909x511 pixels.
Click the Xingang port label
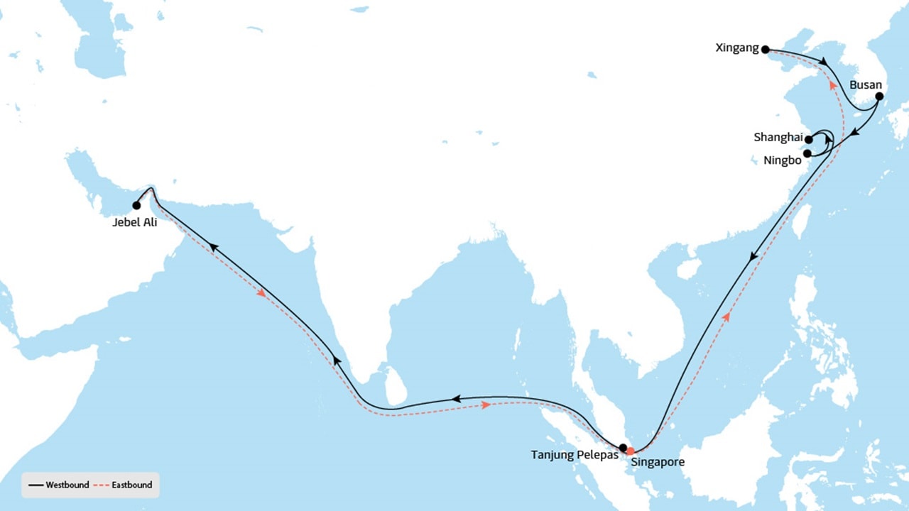tap(738, 49)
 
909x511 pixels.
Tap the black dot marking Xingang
tap(765, 50)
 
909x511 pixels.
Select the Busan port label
tap(866, 85)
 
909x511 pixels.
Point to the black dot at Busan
tap(879, 97)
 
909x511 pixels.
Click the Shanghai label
tap(778, 138)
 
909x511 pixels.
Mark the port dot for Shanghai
tap(809, 140)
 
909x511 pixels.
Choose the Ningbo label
tap(783, 160)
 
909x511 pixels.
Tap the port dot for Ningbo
tap(807, 153)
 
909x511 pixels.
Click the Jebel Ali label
tap(135, 221)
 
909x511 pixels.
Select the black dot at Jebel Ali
tap(136, 206)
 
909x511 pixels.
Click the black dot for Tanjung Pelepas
tap(623, 448)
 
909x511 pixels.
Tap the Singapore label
tap(658, 462)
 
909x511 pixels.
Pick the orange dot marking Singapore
tap(630, 451)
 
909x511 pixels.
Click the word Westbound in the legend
tap(67, 485)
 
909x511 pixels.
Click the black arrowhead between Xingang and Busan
tap(824, 64)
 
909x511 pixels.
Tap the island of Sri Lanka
tap(396, 385)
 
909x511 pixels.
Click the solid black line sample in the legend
tap(36, 485)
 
